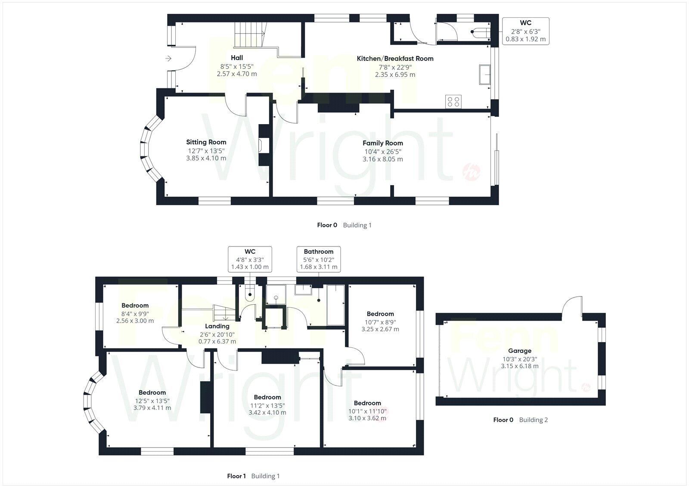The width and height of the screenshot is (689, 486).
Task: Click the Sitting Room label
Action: tap(206, 142)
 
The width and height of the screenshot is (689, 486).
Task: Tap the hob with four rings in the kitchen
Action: tap(453, 102)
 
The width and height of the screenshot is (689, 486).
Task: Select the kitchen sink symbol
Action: tap(485, 75)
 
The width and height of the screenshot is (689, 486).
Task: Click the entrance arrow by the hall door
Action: tap(168, 59)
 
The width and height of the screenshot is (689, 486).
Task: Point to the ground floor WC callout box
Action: tap(525, 31)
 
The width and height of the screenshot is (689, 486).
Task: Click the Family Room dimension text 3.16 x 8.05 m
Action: tap(382, 159)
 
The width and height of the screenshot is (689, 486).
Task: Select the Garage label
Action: tap(519, 351)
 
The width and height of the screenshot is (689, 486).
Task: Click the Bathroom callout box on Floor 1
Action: tap(319, 259)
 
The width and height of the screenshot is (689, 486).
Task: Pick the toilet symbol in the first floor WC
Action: tap(250, 294)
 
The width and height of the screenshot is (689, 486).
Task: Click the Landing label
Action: tap(217, 326)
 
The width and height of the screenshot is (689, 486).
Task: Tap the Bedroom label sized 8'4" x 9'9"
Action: tap(135, 305)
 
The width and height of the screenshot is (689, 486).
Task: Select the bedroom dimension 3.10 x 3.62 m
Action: tap(367, 418)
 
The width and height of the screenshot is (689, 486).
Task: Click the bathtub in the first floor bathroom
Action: tap(336, 305)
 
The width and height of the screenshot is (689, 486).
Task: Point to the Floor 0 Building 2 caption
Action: tap(520, 420)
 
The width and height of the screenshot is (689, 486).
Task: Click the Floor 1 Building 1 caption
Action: tap(253, 476)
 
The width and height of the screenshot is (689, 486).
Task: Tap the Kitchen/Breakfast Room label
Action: tap(395, 59)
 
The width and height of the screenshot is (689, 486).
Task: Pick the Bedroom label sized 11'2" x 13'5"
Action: tap(267, 397)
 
